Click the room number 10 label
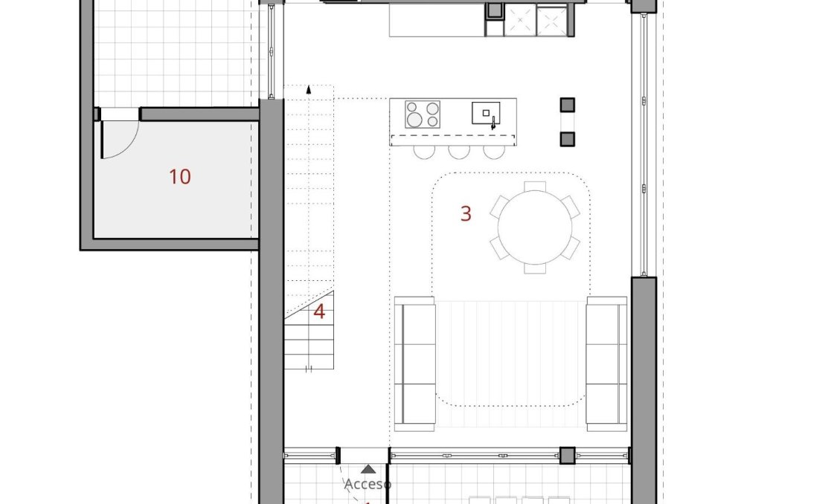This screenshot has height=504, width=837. [x=179, y=177]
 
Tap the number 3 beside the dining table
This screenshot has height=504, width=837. [x=466, y=214]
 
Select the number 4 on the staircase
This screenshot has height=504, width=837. [x=319, y=312]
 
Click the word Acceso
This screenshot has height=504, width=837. [x=368, y=484]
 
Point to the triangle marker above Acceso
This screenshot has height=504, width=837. [x=368, y=469]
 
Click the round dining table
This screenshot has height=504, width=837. [x=535, y=227]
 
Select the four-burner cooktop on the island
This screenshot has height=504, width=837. [x=422, y=114]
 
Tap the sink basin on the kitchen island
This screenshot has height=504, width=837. [x=486, y=114]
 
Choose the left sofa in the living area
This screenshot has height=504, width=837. [x=414, y=364]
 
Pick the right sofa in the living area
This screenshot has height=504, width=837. [x=606, y=364]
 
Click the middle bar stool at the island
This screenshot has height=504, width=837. [x=458, y=151]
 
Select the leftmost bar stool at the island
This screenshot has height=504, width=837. [x=424, y=151]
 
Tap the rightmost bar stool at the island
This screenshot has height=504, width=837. [x=493, y=151]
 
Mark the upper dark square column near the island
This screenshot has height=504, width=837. [x=568, y=105]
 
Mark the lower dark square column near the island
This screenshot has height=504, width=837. [x=568, y=138]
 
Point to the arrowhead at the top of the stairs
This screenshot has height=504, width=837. [x=309, y=90]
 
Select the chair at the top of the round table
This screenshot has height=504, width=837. [x=535, y=186]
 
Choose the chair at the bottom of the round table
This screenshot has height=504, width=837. [x=535, y=268]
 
